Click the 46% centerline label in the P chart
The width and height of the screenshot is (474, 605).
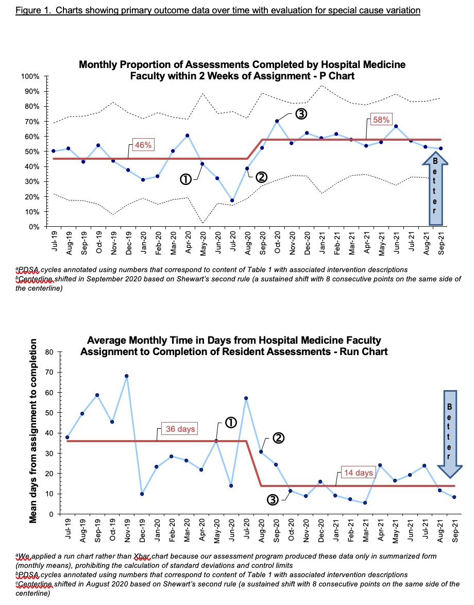(x=143, y=145)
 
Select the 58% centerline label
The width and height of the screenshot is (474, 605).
(x=381, y=120)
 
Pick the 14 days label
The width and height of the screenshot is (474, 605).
(x=359, y=473)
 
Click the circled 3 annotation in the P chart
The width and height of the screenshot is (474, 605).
(x=301, y=114)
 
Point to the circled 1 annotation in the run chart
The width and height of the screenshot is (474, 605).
(x=231, y=423)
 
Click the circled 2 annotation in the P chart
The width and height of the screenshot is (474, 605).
(x=261, y=177)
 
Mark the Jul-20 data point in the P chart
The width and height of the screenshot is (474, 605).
(x=232, y=200)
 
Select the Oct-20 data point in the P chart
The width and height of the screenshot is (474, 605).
(x=277, y=121)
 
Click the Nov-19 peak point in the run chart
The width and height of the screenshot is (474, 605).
(x=127, y=376)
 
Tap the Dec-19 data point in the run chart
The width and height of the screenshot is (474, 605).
(x=142, y=494)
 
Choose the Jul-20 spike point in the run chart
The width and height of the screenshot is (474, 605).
(x=246, y=398)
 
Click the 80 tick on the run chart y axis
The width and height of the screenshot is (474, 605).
(x=49, y=352)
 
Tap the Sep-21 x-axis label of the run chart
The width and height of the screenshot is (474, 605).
(x=455, y=530)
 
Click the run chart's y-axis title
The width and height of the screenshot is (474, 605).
(x=33, y=431)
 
